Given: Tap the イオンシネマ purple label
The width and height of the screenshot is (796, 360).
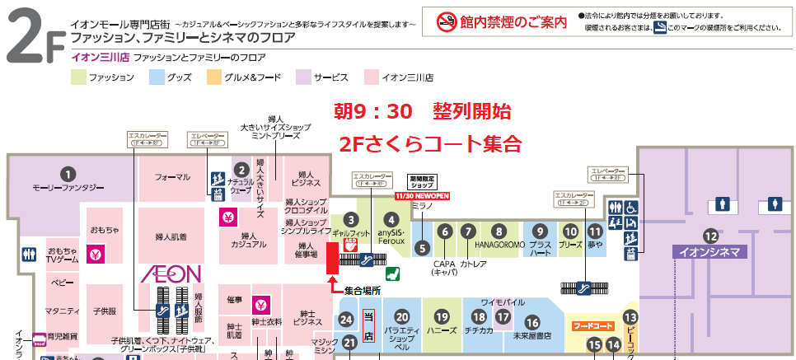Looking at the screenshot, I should click(710, 252).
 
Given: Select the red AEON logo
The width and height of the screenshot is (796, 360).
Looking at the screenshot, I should click(171, 273).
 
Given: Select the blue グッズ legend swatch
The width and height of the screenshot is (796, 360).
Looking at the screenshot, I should click(157, 77).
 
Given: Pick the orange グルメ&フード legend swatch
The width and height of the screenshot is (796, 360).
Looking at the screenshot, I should click(214, 77).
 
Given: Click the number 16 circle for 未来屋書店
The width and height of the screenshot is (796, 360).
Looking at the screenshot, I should click(532, 323).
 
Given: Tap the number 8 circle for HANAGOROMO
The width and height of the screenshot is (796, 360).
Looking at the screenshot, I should click(499, 231).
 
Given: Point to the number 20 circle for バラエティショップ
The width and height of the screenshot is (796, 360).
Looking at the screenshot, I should click(402, 316).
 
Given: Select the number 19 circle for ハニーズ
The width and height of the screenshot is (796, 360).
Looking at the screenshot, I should click(442, 316).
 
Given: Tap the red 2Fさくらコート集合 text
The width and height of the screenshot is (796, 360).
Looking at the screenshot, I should click(430, 143).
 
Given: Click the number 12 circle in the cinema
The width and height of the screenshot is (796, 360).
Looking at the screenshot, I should click(710, 234).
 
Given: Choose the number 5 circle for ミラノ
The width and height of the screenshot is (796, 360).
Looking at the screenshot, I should click(422, 246).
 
